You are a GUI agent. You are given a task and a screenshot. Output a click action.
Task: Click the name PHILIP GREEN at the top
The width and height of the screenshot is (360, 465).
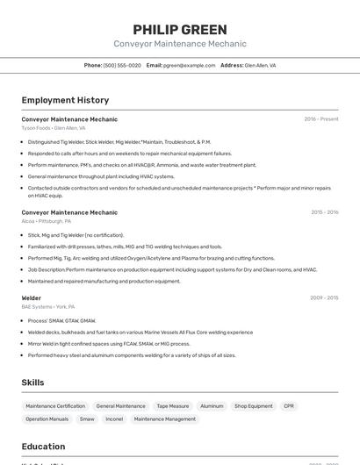click(x=180, y=29)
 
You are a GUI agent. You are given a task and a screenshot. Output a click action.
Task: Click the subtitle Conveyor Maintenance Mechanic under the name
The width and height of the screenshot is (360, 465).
click(x=180, y=44)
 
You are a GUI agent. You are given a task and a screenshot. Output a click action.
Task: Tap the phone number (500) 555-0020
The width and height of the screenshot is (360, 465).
click(x=122, y=65)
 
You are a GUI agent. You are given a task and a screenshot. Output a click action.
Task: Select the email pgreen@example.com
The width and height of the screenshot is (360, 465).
click(x=189, y=65)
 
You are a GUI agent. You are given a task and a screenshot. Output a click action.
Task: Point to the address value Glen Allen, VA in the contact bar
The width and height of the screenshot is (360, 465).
click(x=260, y=65)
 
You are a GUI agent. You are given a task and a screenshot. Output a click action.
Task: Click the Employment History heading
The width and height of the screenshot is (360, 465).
click(x=65, y=100)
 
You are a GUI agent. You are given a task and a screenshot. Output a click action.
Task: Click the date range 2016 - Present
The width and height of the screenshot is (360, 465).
click(x=321, y=119)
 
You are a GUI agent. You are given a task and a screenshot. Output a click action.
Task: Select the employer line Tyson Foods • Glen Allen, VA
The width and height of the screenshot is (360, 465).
click(x=54, y=128)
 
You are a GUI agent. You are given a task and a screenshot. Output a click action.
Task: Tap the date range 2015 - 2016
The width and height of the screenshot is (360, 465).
click(x=324, y=212)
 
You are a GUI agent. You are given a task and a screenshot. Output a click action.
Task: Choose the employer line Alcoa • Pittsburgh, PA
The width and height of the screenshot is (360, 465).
click(x=47, y=221)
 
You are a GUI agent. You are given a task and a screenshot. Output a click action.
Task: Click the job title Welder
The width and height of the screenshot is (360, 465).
click(x=32, y=298)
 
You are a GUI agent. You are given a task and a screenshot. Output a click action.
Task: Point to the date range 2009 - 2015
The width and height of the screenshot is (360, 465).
click(x=324, y=298)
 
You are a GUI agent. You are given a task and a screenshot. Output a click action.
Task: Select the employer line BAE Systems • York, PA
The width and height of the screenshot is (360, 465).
click(x=48, y=307)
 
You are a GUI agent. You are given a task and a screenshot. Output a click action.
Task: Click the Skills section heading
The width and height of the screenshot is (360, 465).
click(x=32, y=383)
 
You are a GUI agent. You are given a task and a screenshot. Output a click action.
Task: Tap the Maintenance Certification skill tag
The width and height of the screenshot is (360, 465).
click(x=55, y=406)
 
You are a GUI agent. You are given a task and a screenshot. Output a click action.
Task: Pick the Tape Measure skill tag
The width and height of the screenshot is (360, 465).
click(x=173, y=406)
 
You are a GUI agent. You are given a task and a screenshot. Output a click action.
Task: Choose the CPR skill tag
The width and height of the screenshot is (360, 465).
click(x=289, y=406)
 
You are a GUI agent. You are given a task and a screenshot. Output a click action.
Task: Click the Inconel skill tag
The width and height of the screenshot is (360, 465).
click(x=114, y=419)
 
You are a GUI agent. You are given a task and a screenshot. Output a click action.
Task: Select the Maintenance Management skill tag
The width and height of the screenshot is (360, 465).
click(x=165, y=419)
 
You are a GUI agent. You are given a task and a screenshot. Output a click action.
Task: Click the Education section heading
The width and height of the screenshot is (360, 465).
click(x=43, y=447)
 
